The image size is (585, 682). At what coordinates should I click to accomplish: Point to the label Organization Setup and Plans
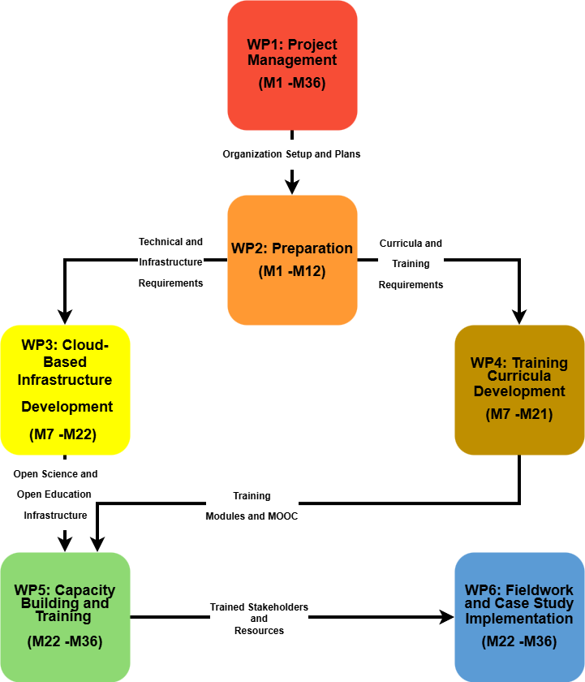(x=291, y=153)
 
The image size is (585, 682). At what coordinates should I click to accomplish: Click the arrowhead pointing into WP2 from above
(x=292, y=187)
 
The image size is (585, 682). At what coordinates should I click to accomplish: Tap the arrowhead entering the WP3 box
(x=65, y=317)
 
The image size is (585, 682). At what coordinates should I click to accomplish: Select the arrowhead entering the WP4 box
(x=519, y=317)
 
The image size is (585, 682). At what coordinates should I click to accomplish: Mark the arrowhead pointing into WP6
(x=445, y=617)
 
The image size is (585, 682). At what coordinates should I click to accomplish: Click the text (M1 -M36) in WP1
(x=292, y=83)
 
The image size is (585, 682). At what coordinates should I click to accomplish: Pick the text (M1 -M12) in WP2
(x=292, y=271)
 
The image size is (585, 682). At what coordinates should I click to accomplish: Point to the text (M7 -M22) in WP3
(x=63, y=434)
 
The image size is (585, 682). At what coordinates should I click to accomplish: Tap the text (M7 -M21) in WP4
(x=519, y=415)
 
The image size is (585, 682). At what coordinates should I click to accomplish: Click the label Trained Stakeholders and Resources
(x=259, y=619)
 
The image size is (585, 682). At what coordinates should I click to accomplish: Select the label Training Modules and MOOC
(x=252, y=506)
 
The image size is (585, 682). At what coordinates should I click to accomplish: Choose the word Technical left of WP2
(x=160, y=242)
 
